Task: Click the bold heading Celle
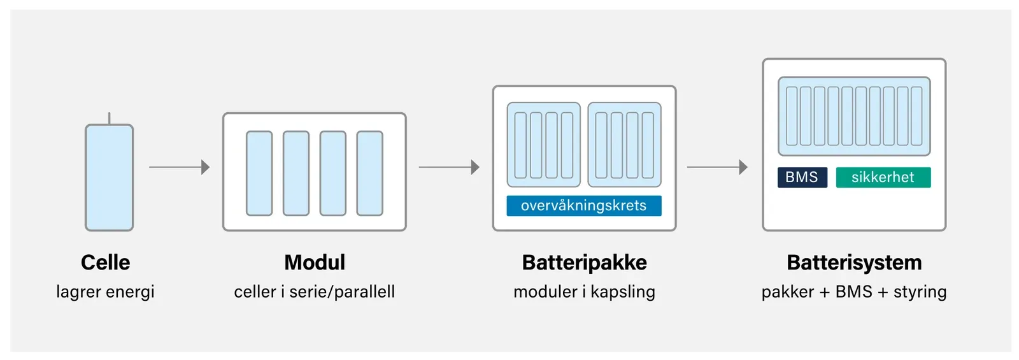tap(106, 263)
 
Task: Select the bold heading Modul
tap(315, 263)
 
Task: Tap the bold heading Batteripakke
tap(585, 263)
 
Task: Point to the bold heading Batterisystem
tap(854, 263)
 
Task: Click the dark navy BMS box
tap(802, 178)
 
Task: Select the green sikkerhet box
tap(883, 178)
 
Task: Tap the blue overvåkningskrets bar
tap(584, 206)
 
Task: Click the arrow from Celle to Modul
tap(179, 167)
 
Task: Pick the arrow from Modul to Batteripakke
tap(449, 167)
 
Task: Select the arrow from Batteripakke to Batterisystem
tap(717, 167)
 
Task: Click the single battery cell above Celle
tap(109, 178)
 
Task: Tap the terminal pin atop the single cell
tap(109, 119)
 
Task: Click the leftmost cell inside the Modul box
tap(259, 173)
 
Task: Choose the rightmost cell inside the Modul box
tap(370, 173)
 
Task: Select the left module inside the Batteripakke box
tap(544, 145)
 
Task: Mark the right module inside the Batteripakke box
tap(625, 145)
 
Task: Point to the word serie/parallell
tap(342, 292)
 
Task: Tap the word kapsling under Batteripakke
tap(623, 292)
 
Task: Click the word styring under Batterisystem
tap(920, 292)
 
